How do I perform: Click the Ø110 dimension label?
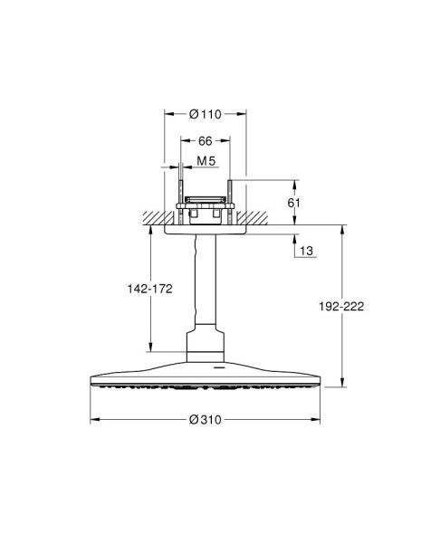click(205, 115)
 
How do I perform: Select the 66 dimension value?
click(205, 142)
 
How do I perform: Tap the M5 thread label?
click(207, 161)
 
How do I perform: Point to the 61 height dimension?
click(292, 204)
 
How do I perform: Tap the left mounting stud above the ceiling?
click(179, 199)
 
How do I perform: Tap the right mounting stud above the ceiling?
click(232, 199)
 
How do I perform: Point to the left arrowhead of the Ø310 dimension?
click(93, 420)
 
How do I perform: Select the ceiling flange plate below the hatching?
click(206, 230)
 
